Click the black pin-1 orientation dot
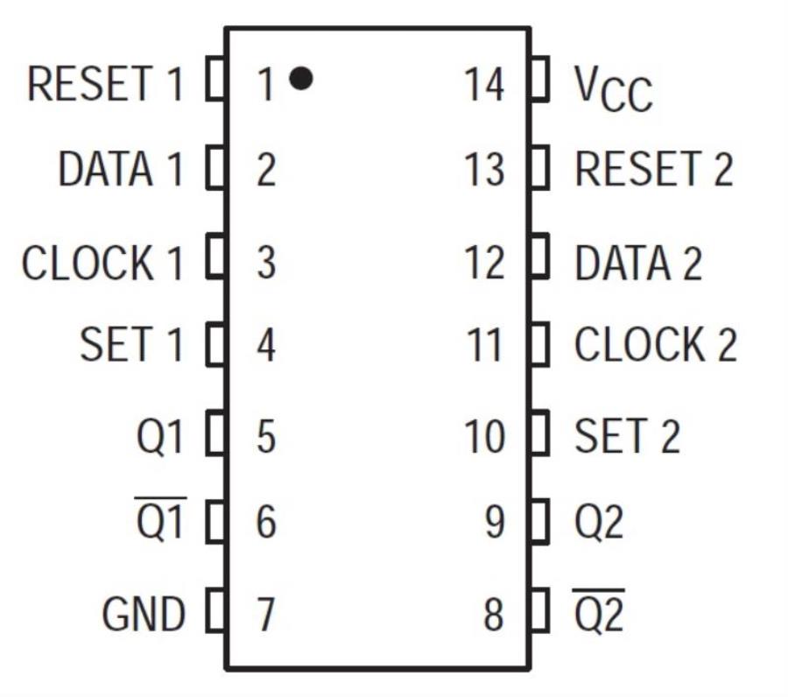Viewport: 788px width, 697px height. [x=300, y=79]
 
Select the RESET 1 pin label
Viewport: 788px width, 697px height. [x=106, y=84]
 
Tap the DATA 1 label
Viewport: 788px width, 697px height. [x=121, y=169]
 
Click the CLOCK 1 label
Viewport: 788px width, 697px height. [x=102, y=263]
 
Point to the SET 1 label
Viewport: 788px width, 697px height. [x=132, y=344]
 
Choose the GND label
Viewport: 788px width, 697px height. [x=144, y=614]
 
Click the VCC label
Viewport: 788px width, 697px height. [x=613, y=88]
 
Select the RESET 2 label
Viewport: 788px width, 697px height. [x=653, y=169]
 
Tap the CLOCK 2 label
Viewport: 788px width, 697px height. [x=655, y=344]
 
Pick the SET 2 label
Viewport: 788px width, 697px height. [x=627, y=435]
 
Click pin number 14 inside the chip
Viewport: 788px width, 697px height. [x=484, y=84]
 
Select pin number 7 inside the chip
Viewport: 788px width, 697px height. [x=266, y=614]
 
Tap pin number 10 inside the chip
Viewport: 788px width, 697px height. [x=484, y=435]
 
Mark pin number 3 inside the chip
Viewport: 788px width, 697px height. [x=266, y=263]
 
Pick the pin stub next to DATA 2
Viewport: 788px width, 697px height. [x=540, y=259]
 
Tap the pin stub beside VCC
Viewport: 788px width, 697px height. [x=540, y=80]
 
